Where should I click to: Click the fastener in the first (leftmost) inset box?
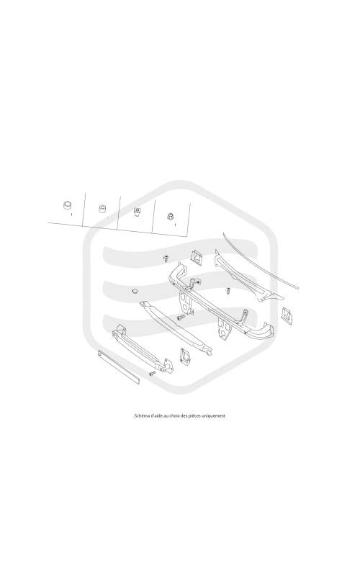tap(67, 205)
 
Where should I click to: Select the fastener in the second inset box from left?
tap(102, 208)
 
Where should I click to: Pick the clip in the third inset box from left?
tap(137, 212)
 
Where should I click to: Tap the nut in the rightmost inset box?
tap(171, 217)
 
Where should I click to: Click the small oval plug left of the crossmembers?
tap(135, 292)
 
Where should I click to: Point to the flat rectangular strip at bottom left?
tap(119, 367)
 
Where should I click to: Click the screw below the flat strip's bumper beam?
tap(152, 373)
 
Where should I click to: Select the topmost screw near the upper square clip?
tap(166, 258)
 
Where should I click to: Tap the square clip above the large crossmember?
tap(197, 257)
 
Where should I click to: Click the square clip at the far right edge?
tap(287, 316)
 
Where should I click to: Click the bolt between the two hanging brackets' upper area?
tap(228, 292)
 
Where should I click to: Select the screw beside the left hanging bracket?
tap(181, 316)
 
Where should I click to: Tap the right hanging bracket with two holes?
tap(225, 330)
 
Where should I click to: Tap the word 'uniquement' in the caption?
tap(214, 416)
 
